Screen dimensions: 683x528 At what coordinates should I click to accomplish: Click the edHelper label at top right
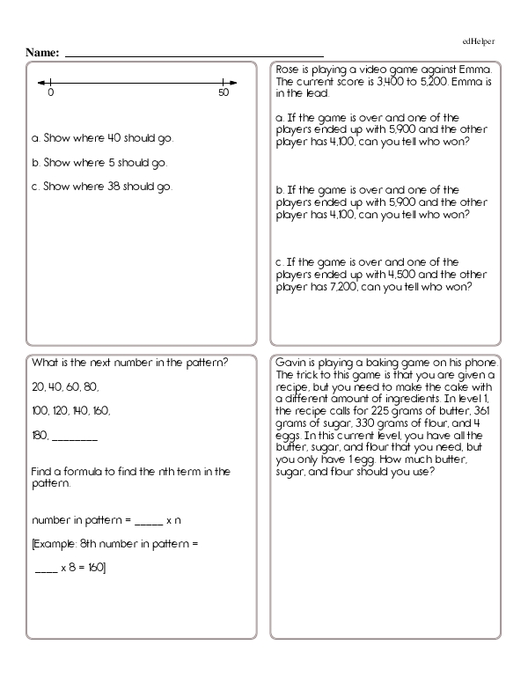(x=478, y=41)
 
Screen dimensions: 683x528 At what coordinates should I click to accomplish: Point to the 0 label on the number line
(x=51, y=92)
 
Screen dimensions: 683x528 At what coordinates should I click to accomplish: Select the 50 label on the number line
(x=223, y=92)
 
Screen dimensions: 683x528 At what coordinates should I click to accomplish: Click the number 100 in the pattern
(x=40, y=410)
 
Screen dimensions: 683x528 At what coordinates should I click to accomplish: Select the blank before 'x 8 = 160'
(x=45, y=568)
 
